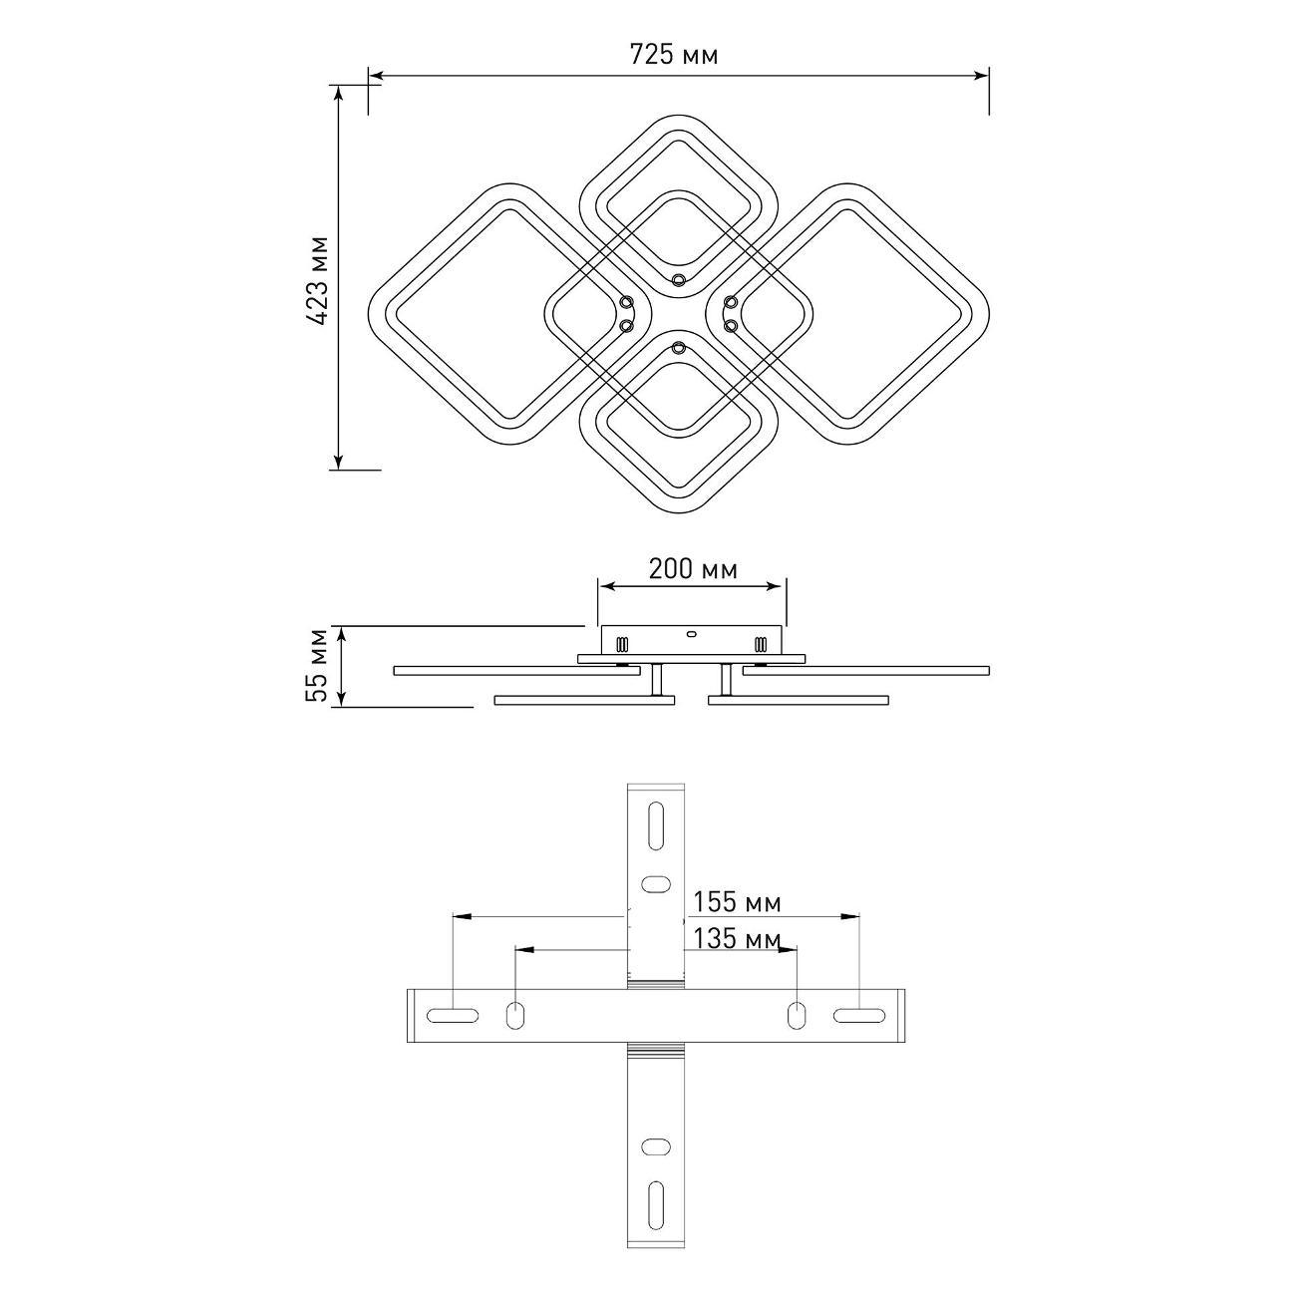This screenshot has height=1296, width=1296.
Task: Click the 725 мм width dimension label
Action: tap(674, 55)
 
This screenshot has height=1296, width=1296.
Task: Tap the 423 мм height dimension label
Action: tap(319, 281)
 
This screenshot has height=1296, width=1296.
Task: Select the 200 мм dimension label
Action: tap(693, 569)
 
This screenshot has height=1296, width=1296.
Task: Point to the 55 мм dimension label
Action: tap(317, 665)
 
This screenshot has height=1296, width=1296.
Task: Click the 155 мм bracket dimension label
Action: tap(737, 902)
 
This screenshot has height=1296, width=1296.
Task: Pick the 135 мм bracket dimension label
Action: tap(737, 939)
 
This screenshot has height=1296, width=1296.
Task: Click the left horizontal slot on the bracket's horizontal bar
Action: tap(453, 1016)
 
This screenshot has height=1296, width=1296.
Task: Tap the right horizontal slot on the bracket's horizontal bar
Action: tap(858, 1016)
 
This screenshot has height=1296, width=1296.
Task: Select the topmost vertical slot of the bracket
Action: tap(655, 825)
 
